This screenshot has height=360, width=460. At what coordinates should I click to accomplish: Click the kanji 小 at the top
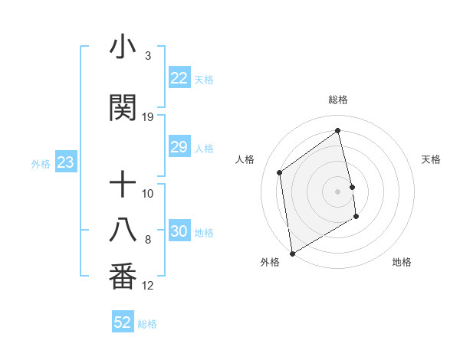click(123, 47)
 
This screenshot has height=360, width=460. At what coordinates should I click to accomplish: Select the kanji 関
click(123, 108)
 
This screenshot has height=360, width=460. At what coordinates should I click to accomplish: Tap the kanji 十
click(123, 185)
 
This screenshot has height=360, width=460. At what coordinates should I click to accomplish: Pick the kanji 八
click(123, 231)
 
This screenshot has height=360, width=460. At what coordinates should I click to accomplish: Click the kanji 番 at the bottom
click(123, 277)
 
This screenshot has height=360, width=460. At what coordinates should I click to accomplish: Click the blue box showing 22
click(179, 78)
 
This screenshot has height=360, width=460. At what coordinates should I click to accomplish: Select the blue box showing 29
click(179, 147)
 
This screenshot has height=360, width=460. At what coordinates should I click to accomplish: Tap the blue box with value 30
click(179, 231)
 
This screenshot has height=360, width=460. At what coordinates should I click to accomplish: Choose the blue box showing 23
click(65, 162)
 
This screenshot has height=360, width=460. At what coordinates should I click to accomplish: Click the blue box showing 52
click(123, 322)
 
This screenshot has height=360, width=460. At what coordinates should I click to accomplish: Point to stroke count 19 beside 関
click(148, 117)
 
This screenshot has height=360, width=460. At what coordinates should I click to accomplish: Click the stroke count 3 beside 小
click(148, 56)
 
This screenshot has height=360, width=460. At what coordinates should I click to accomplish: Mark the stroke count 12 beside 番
click(148, 286)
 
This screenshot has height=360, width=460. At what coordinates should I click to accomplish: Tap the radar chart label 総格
click(338, 100)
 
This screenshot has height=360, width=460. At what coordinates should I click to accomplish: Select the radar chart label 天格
click(431, 159)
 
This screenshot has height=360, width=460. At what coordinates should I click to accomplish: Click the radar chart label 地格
click(402, 262)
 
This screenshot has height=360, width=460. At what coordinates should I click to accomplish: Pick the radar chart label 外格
click(270, 262)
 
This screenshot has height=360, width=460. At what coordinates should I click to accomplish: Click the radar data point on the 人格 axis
click(280, 172)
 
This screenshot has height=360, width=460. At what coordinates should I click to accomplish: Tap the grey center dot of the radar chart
click(338, 191)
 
